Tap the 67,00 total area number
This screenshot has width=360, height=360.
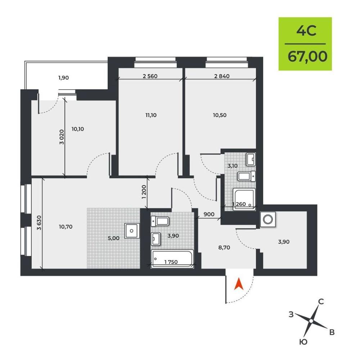click(x=307, y=57)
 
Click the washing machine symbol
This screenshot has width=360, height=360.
click(x=268, y=219)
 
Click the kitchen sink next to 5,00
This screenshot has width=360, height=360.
click(x=132, y=231)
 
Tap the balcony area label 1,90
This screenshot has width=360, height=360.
click(x=64, y=78)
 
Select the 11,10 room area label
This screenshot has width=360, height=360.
click(x=151, y=115)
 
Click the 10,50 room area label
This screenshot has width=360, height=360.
click(x=220, y=115)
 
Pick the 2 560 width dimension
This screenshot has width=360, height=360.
click(x=150, y=76)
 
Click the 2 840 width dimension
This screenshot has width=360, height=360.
click(x=222, y=76)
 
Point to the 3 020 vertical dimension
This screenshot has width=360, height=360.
click(x=62, y=137)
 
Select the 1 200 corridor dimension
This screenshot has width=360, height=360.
click(x=144, y=192)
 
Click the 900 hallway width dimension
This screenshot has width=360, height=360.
click(x=209, y=215)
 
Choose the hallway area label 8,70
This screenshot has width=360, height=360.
click(x=224, y=248)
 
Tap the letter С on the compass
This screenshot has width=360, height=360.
click(x=321, y=302)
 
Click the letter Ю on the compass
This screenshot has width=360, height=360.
click(x=303, y=342)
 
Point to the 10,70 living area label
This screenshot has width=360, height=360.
click(x=66, y=227)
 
